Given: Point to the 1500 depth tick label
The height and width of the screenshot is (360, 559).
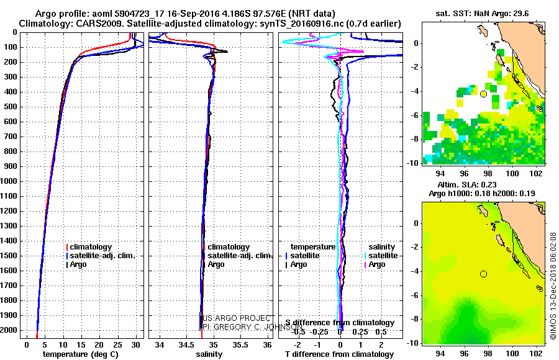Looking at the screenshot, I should (11, 256).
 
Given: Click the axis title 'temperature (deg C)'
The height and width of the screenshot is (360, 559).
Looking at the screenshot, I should (80, 354).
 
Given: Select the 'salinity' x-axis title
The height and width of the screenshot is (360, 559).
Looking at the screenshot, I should (209, 354).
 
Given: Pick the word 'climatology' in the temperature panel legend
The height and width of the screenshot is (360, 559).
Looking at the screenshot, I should (91, 247).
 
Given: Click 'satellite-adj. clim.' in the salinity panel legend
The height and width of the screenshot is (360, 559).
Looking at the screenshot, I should (240, 256).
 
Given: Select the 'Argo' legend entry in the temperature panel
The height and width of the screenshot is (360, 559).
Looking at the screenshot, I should (78, 264).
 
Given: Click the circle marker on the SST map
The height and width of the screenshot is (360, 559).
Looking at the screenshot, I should (483, 94).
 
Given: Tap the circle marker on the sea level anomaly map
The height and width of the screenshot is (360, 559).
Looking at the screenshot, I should (483, 274).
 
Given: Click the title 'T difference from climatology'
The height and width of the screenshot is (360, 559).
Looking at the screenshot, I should (339, 354).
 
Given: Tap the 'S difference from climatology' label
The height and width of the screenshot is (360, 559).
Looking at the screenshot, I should (340, 323).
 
